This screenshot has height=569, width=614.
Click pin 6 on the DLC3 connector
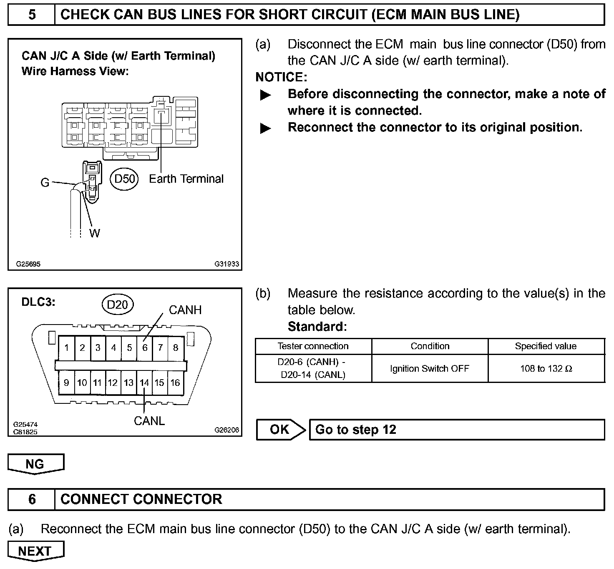click(x=145, y=348)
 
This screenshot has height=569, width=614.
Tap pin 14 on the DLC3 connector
click(x=144, y=383)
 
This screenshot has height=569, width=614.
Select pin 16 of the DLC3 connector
click(x=175, y=383)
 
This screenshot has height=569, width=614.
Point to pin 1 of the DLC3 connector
click(x=67, y=348)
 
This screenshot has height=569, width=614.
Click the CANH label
click(x=185, y=310)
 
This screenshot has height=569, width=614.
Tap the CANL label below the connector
click(x=149, y=421)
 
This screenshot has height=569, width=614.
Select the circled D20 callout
click(x=117, y=305)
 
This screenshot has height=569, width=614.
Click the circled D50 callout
click(x=125, y=179)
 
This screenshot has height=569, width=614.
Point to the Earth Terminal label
click(x=186, y=179)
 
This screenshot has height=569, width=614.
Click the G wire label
click(x=45, y=183)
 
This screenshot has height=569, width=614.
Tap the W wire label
click(x=95, y=233)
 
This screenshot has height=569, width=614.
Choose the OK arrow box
click(x=280, y=430)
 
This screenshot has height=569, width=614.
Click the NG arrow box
click(x=35, y=464)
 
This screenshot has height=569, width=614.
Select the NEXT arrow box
click(x=35, y=551)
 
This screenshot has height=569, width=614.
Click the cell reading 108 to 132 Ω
click(x=546, y=369)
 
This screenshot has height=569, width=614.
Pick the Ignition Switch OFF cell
click(x=430, y=369)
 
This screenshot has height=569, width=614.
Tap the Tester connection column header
click(x=313, y=346)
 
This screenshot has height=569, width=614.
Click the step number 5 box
click(x=32, y=15)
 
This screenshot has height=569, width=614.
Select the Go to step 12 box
click(x=457, y=430)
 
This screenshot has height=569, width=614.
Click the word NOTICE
click(x=281, y=77)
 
